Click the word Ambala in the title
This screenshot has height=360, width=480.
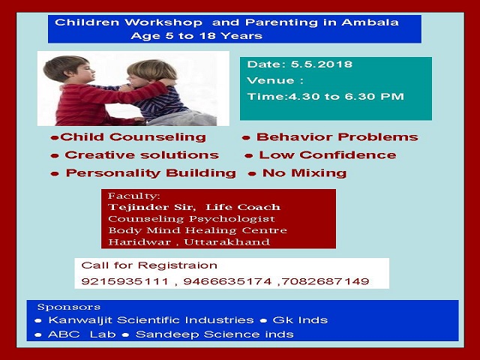tap(370, 22)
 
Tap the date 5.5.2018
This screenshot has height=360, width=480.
tap(322, 64)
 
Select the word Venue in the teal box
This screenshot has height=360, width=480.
tap(270, 80)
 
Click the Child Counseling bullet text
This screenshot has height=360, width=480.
tap(133, 136)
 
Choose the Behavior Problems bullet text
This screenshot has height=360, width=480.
tap(337, 136)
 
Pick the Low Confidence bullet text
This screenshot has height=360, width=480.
tap(328, 155)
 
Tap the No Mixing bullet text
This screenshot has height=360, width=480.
tap(304, 173)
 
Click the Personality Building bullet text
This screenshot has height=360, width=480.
tap(151, 173)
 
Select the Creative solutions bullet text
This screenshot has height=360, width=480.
tap(142, 155)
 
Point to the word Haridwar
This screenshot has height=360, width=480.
tap(139, 242)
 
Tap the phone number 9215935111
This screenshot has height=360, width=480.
tap(125, 281)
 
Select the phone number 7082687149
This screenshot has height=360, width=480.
tap(325, 281)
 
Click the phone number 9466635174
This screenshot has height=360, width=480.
tap(227, 281)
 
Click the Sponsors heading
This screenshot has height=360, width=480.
tap(69, 307)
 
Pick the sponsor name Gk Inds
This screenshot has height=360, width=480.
tap(300, 320)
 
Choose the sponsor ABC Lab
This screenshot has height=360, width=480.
tap(82, 334)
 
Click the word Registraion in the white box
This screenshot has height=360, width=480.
tap(178, 265)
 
